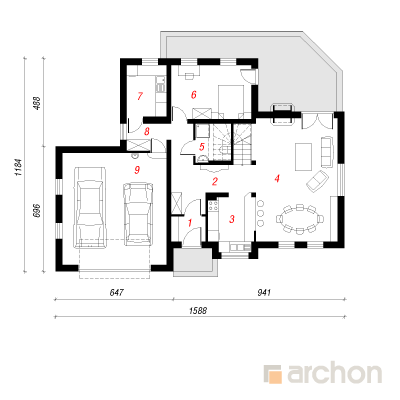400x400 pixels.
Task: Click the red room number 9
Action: coord(137,170)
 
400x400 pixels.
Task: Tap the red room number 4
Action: coord(277,179)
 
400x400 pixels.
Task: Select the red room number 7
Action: coord(140,96)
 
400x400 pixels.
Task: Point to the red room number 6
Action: coord(194,95)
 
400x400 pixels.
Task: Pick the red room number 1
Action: coord(190,223)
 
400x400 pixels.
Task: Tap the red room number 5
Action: coord(202,146)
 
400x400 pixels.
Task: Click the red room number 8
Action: coord(147,132)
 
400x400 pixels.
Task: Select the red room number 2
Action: coord(215,182)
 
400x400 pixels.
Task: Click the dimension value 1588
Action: coord(198,311)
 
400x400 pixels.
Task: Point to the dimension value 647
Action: coord(116,293)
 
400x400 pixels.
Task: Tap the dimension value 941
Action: coord(264,293)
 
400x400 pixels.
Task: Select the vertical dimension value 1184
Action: coord(18,167)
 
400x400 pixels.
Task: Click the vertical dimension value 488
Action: coord(37,103)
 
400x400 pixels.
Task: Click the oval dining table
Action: coord(300,219)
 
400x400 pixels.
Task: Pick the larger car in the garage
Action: coord(91,207)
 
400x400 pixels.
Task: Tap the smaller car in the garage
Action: coord(138,214)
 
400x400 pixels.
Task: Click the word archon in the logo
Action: coord(334,374)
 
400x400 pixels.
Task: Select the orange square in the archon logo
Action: coord(275,377)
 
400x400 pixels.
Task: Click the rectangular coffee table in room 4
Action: coord(303,157)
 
